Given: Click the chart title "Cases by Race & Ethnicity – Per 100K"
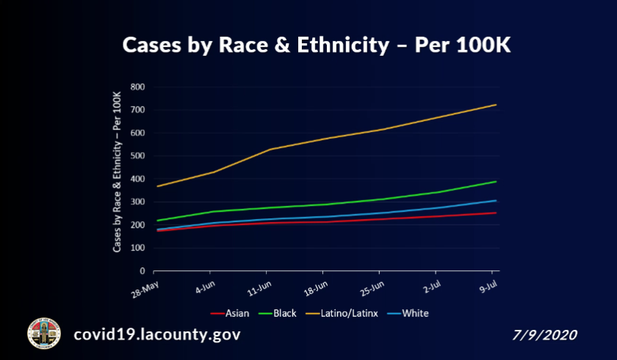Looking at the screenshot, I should (x=316, y=45).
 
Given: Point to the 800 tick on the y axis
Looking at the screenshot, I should (x=137, y=87).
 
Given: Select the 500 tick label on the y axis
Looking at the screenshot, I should (x=137, y=156).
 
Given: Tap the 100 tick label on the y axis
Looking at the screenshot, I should (x=137, y=248).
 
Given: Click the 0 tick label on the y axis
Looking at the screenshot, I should (x=142, y=271).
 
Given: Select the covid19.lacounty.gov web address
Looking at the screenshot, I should (x=156, y=335).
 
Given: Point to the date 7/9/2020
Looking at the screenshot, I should (x=545, y=335).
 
